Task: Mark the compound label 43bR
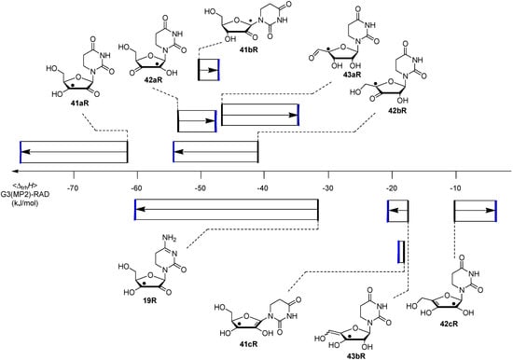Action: (x=358, y=353)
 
